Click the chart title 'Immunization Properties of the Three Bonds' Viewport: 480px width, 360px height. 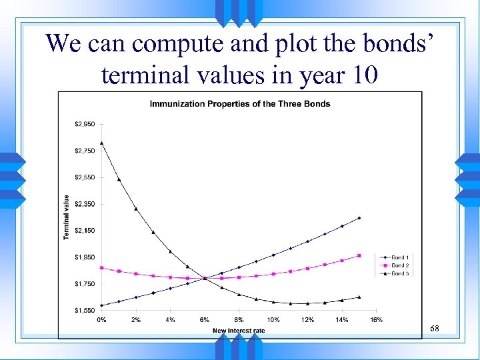[239, 103]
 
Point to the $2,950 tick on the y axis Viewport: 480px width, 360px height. [85, 124]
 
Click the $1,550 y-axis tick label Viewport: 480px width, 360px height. [85, 311]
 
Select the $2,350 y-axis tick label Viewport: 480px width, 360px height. [85, 204]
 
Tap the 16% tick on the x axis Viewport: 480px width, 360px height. [376, 321]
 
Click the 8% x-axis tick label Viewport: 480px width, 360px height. [239, 321]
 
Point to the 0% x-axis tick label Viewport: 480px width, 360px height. [101, 321]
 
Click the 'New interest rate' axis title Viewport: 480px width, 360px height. [239, 330]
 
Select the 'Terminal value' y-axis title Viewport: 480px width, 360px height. [66, 217]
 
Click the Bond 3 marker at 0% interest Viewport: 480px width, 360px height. [101, 143]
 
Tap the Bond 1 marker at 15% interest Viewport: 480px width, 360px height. [359, 218]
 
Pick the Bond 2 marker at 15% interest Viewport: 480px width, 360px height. [359, 255]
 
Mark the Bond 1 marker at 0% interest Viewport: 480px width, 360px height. [101, 305]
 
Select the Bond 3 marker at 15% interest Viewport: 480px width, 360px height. [359, 297]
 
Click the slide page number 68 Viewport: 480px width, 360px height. [435, 329]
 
